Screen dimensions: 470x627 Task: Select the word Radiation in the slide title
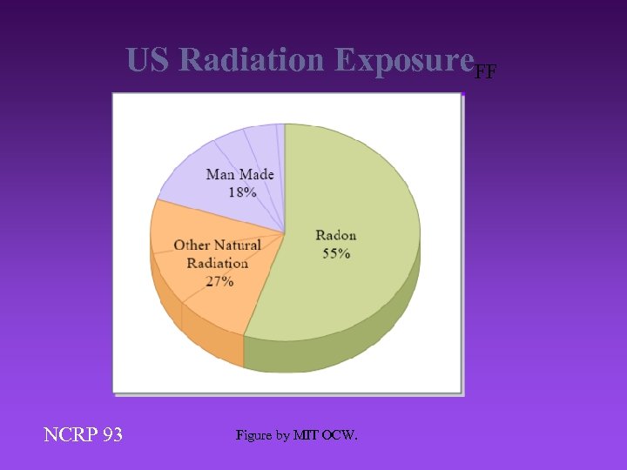click(253, 60)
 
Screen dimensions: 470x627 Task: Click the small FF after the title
click(485, 72)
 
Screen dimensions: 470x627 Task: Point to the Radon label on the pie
click(335, 235)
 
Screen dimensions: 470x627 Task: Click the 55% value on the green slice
click(335, 253)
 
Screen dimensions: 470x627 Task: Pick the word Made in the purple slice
click(257, 174)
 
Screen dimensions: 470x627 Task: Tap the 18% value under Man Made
click(242, 192)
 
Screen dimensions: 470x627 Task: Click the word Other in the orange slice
click(192, 245)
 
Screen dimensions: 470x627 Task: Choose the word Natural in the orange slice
click(237, 245)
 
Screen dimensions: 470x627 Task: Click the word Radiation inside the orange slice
click(217, 263)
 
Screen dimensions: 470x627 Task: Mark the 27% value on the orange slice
click(219, 281)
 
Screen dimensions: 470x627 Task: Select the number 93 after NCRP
click(111, 434)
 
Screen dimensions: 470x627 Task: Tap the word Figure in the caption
click(255, 435)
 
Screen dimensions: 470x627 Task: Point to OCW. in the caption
click(340, 435)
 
